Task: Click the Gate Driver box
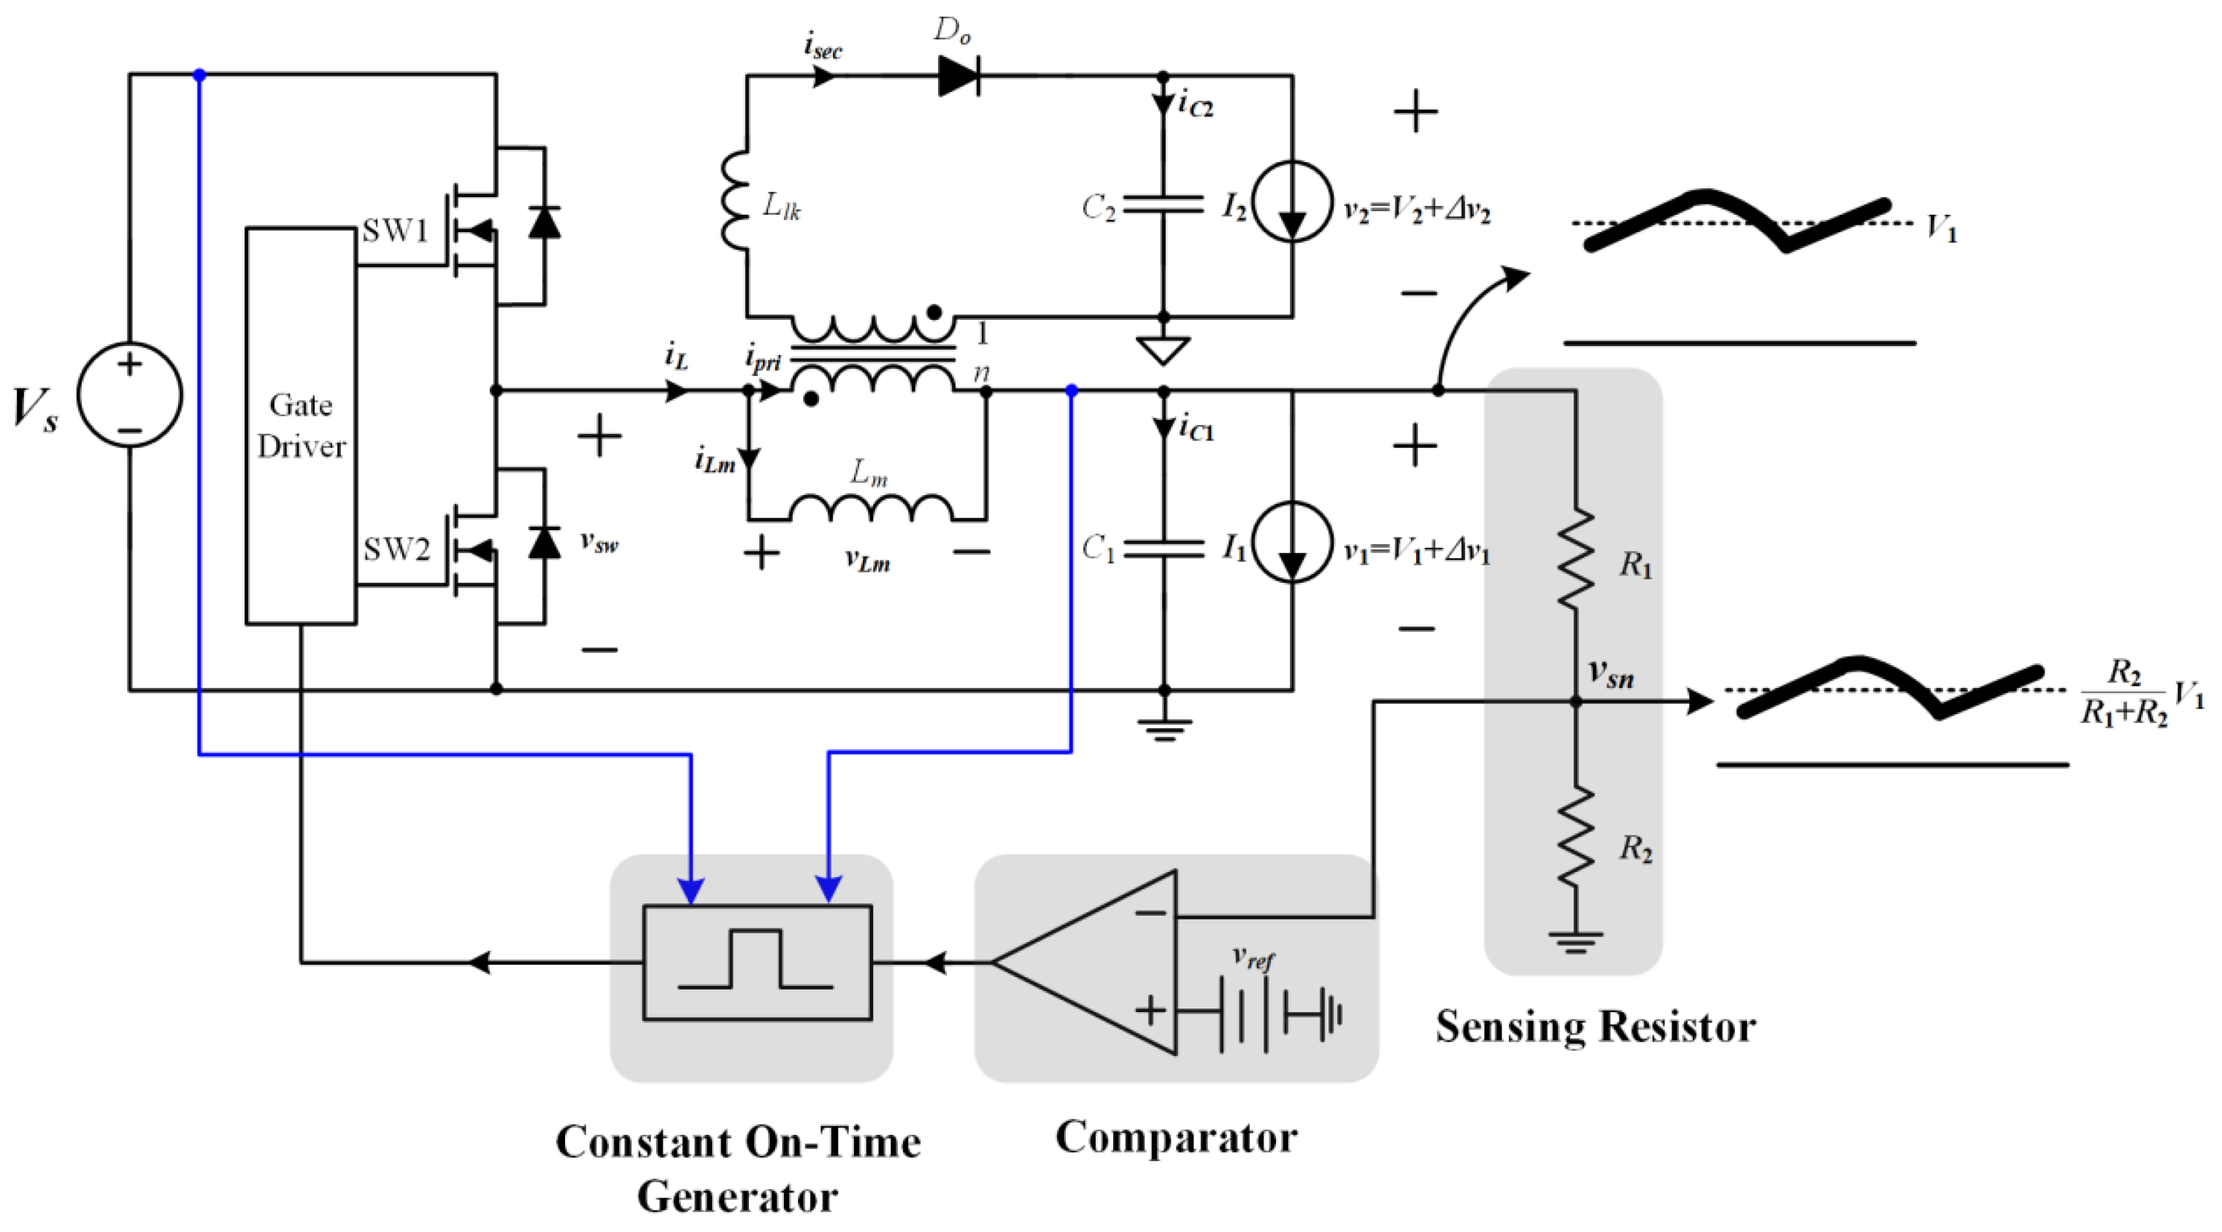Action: (x=300, y=425)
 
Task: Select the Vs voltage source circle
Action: (x=129, y=395)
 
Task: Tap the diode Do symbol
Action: (x=958, y=76)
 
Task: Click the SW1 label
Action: (x=395, y=232)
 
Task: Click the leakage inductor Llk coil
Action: (x=736, y=200)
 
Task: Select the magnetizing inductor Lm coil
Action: (x=871, y=508)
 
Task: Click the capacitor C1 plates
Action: (x=1163, y=548)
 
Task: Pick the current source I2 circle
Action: (x=1291, y=202)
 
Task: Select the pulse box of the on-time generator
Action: (x=756, y=962)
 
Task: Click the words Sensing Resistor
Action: (x=1595, y=1027)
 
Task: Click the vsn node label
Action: (x=1610, y=673)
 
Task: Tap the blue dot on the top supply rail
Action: (x=199, y=75)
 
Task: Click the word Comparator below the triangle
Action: (x=1176, y=1137)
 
